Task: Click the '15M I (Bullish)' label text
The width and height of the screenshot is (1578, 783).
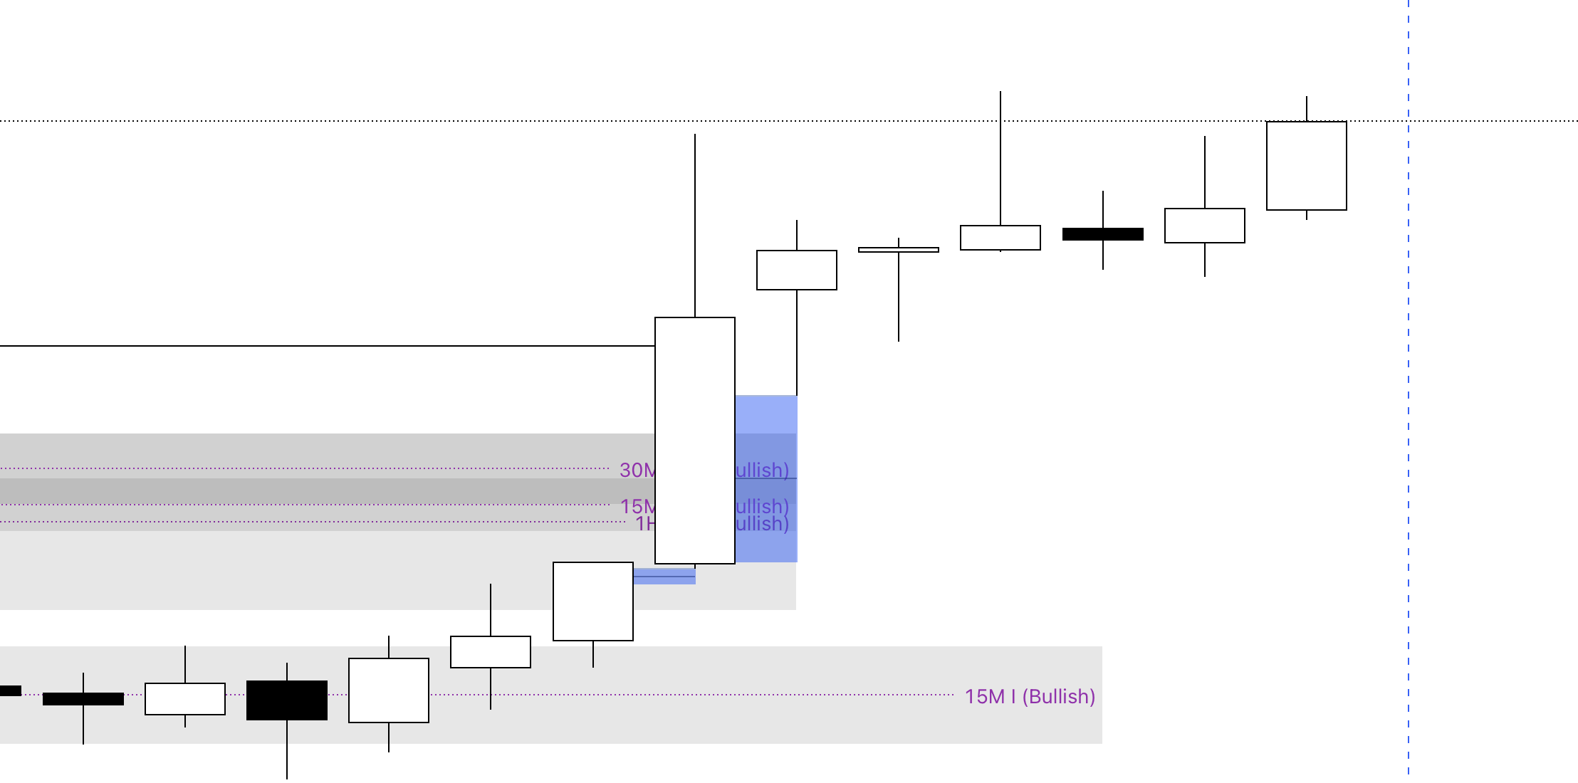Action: coord(1030,696)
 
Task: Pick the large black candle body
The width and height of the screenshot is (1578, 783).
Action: coord(287,700)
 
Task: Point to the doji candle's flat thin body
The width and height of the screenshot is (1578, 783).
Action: coord(899,250)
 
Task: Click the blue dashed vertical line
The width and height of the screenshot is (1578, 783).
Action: coord(1408,427)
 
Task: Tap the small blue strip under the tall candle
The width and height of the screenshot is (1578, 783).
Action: coord(664,577)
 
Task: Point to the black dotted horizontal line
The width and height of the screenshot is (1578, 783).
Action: coord(427,121)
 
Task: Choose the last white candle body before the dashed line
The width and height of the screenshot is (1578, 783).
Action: coord(1306,166)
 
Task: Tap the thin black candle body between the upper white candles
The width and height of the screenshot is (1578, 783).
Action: coord(1102,234)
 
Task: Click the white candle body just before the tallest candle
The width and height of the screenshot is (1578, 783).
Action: coord(592,601)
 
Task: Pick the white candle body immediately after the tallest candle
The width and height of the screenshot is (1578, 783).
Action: coord(796,270)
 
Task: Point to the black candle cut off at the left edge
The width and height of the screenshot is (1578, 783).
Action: coord(10,690)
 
